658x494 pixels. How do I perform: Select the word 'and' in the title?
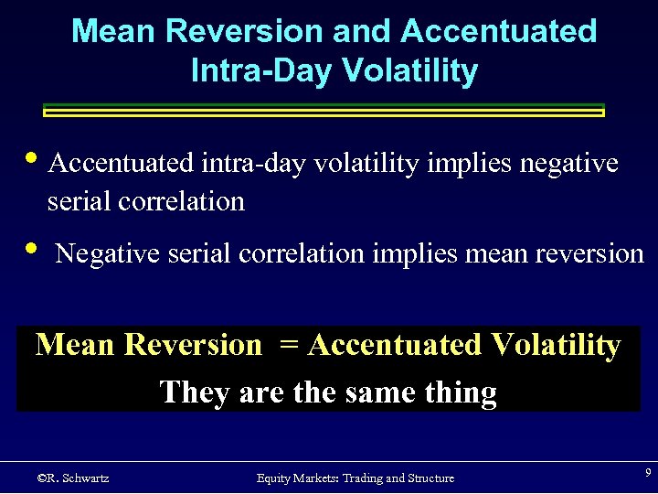click(361, 31)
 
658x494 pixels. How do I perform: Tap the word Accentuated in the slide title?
click(498, 31)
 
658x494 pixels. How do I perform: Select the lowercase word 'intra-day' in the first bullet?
click(252, 164)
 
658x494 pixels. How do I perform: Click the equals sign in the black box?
click(289, 346)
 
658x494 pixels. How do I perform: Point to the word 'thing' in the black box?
click(461, 392)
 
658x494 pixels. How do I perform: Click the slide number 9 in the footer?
click(647, 473)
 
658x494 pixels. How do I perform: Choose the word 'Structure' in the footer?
click(424, 478)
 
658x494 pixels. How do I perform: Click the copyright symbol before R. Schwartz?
click(41, 478)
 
